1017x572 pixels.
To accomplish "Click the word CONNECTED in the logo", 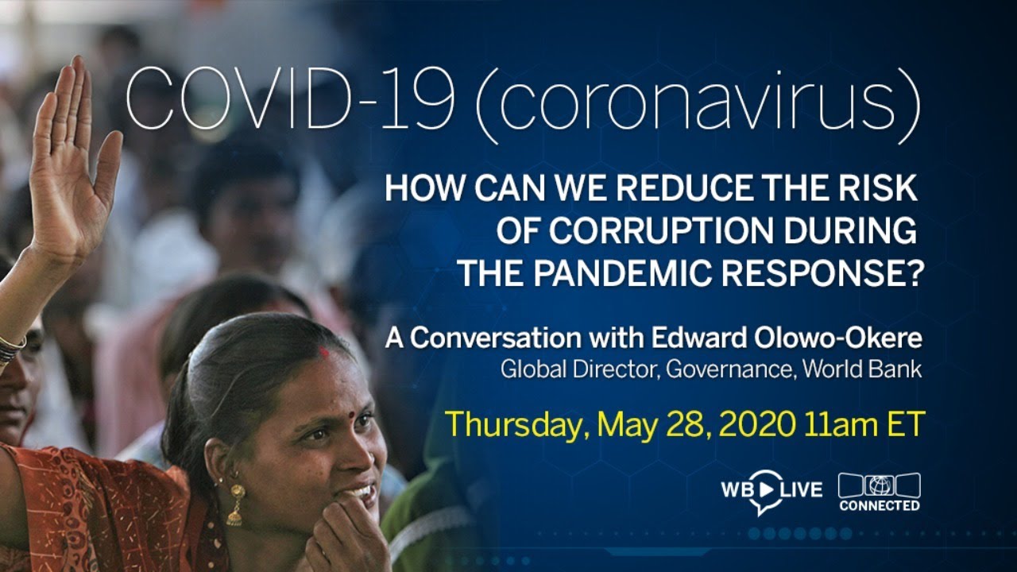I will (x=880, y=505).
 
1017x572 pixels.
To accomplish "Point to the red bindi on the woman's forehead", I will (x=324, y=352).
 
